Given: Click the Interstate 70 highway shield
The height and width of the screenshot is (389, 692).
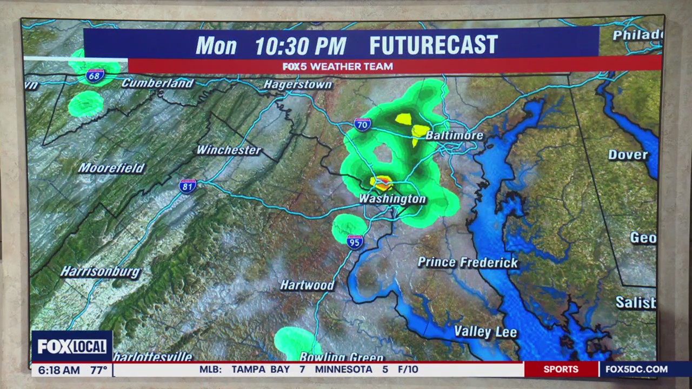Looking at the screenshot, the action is [x=363, y=125].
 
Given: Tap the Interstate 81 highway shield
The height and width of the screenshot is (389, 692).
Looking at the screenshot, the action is [x=188, y=186].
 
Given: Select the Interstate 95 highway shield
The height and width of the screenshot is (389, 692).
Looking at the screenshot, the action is [x=355, y=242].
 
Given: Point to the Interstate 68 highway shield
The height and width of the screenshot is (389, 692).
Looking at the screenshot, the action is [x=95, y=75].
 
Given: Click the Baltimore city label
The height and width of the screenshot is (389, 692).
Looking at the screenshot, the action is [x=454, y=135].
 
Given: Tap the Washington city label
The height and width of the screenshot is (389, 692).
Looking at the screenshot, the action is [x=392, y=199].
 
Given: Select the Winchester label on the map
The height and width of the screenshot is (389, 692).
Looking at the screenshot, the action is [x=229, y=150].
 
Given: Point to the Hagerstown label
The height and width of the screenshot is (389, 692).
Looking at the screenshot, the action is [x=297, y=85].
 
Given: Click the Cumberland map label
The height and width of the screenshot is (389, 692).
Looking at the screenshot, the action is [x=157, y=83].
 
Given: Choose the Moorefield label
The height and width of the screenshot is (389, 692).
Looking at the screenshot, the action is [x=111, y=168].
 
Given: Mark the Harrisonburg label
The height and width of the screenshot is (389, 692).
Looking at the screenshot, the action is [x=100, y=271].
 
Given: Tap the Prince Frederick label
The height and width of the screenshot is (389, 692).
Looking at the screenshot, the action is [x=468, y=263].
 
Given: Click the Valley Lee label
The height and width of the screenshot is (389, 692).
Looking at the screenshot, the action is [x=485, y=332].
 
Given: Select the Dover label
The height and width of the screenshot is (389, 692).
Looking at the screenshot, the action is [x=628, y=155].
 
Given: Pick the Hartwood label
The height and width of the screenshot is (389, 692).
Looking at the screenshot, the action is [x=307, y=285].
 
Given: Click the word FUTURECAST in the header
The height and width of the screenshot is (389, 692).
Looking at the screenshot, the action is [x=433, y=45].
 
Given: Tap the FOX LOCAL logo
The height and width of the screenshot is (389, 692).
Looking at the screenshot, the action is [x=72, y=346].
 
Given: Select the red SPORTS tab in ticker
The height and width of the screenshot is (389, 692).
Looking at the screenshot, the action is [x=561, y=370].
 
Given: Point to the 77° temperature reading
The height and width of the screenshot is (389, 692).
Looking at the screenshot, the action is [x=99, y=370].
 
